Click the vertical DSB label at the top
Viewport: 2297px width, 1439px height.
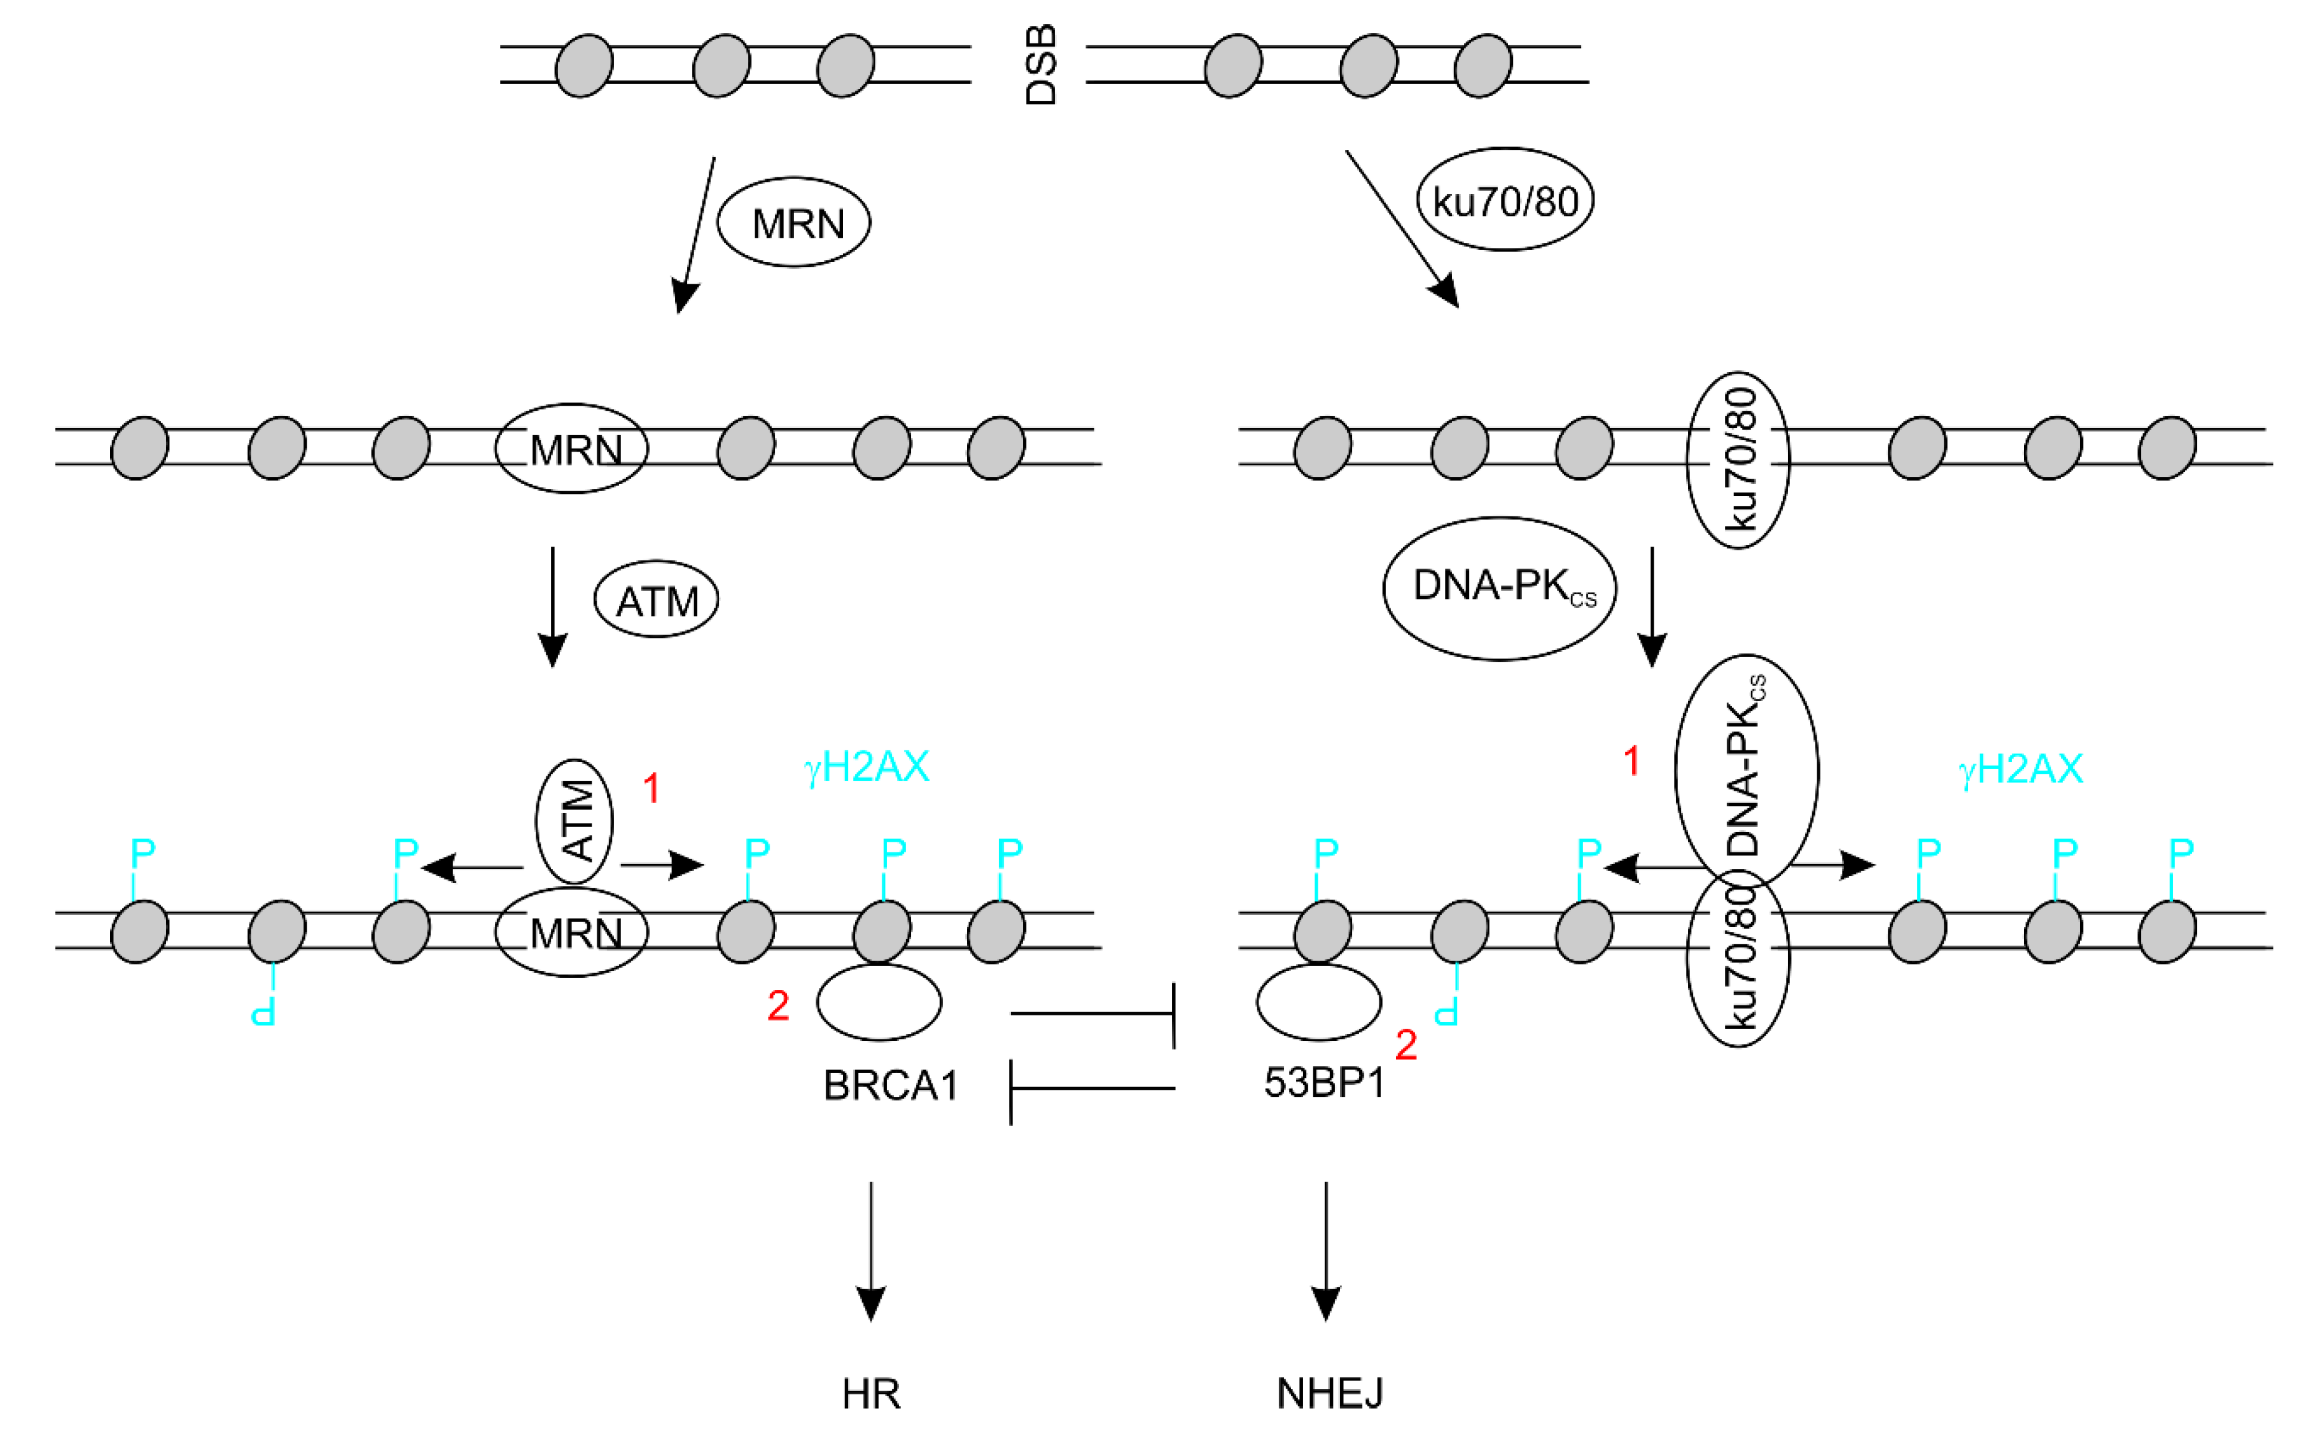point(1041,65)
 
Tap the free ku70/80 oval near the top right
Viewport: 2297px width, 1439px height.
point(1504,200)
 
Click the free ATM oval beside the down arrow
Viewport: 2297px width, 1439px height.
point(656,600)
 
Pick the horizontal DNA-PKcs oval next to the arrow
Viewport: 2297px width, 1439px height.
point(1499,587)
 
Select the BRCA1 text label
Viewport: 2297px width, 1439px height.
point(890,1085)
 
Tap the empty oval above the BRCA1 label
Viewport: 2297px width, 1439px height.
point(878,1002)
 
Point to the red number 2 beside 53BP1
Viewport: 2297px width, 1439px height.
point(1405,1045)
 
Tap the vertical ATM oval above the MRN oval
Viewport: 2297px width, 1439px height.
point(574,821)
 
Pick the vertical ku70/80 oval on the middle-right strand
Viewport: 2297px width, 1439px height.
point(1738,460)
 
